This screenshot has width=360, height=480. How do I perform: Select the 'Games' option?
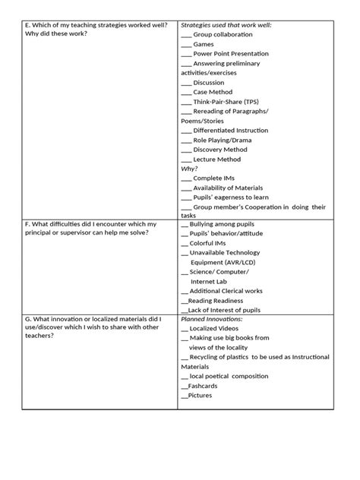pos(203,45)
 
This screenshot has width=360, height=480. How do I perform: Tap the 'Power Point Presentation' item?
pos(231,54)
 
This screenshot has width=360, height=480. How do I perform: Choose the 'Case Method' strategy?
pos(213,92)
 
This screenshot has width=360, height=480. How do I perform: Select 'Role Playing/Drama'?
pos(221,141)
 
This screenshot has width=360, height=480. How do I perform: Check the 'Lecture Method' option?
pos(216,159)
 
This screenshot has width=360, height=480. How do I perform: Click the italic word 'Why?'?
pos(189,169)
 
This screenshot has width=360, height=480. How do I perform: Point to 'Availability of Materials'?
pos(228,188)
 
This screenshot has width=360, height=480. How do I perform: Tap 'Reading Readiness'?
pos(216,301)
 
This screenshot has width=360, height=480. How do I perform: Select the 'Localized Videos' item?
pos(217,329)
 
